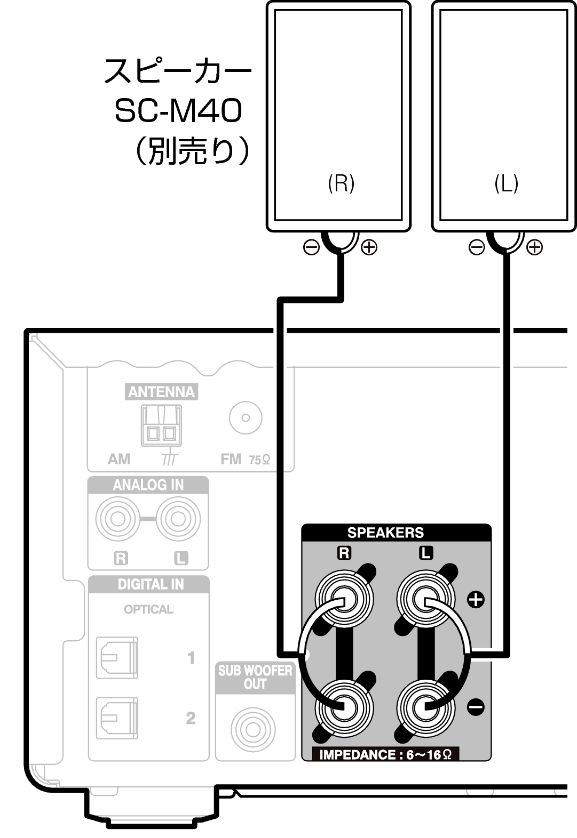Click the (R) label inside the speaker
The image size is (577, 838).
(341, 183)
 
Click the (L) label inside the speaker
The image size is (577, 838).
(506, 183)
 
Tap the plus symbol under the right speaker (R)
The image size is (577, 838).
(369, 247)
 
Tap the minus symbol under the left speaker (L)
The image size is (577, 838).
(476, 247)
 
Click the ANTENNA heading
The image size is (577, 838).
(161, 392)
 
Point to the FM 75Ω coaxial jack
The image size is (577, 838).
(246, 417)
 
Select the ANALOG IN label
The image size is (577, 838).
(148, 485)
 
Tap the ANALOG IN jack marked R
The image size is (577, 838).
(118, 518)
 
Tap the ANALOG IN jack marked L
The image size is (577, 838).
(178, 518)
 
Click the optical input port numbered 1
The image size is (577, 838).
(117, 657)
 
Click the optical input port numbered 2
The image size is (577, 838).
(117, 718)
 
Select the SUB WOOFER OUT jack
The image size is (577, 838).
(253, 729)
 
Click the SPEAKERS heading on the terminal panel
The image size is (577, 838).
(385, 533)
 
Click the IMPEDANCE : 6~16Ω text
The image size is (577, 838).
(385, 754)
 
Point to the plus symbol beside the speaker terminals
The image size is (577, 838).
(476, 599)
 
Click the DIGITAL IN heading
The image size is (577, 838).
(150, 584)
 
